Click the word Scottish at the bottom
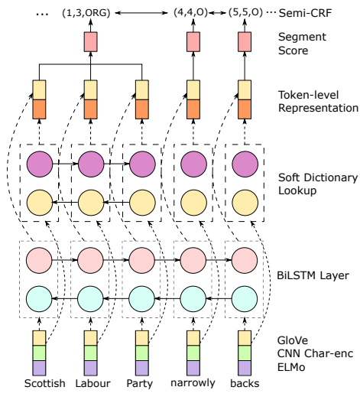[x=44, y=383]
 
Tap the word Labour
[x=92, y=383]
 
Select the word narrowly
[x=193, y=383]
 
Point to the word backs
[x=245, y=383]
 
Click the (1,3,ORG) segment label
[x=86, y=12]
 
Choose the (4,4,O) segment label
[x=191, y=12]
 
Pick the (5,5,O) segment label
[x=245, y=12]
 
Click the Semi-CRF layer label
[x=305, y=13]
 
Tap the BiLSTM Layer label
[x=313, y=275]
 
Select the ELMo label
[x=291, y=367]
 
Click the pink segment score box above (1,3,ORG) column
[x=90, y=41]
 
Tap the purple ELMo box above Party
[x=142, y=368]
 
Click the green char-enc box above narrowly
[x=193, y=353]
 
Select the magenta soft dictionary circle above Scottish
[x=40, y=164]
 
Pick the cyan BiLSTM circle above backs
[x=245, y=299]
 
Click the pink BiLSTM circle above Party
[x=141, y=260]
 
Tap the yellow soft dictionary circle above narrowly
[x=193, y=203]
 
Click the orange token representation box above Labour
[x=90, y=109]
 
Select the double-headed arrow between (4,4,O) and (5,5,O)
[x=217, y=12]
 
